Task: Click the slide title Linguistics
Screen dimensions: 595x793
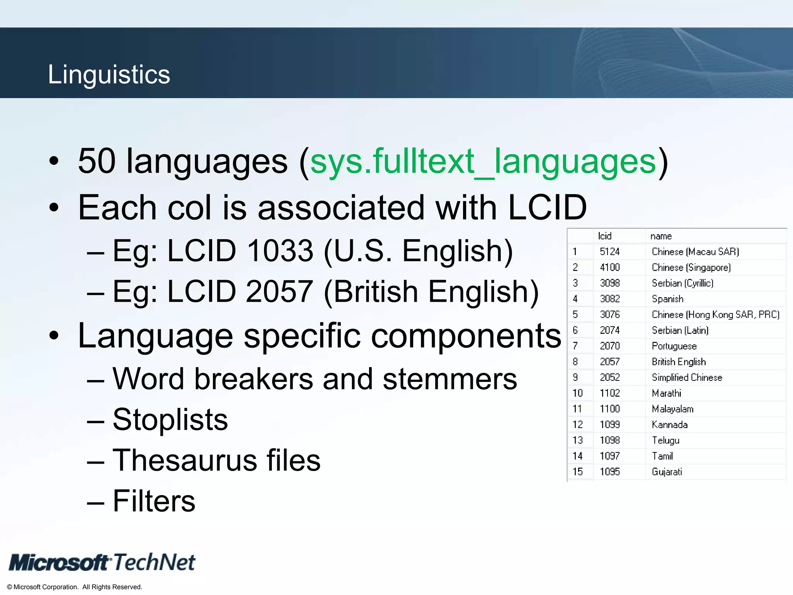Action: (109, 74)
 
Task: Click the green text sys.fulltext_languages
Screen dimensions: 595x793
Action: (483, 161)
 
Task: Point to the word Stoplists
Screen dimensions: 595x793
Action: (170, 420)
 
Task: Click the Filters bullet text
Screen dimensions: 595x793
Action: (154, 501)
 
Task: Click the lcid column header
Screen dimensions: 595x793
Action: (604, 236)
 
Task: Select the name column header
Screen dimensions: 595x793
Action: (661, 236)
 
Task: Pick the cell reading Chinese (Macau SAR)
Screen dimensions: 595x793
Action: (695, 252)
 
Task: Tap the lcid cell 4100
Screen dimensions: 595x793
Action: (609, 267)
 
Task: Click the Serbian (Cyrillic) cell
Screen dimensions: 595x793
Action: (682, 283)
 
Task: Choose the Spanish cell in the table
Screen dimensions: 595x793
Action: (668, 299)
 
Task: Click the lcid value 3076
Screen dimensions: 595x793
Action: (609, 315)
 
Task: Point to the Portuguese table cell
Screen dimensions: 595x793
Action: (674, 346)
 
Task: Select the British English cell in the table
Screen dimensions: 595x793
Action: (679, 362)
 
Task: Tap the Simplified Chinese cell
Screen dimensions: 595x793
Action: (687, 377)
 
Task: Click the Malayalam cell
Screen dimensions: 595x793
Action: (673, 409)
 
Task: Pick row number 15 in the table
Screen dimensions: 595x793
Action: (577, 472)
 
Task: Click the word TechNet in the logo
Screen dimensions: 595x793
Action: (154, 562)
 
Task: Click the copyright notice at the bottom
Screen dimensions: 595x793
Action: (75, 587)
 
